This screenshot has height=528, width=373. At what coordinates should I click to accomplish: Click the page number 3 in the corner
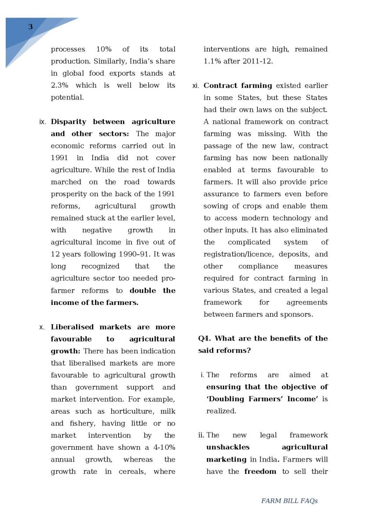click(x=30, y=27)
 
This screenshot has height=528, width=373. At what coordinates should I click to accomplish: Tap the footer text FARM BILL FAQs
click(x=289, y=501)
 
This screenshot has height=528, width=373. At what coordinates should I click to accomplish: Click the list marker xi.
click(x=196, y=86)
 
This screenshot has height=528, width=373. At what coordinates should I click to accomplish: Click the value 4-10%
click(x=161, y=447)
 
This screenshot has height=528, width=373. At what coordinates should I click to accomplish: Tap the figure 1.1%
click(x=212, y=61)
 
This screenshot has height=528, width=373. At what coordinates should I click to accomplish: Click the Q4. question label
click(x=205, y=338)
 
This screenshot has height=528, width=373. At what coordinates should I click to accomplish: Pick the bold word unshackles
click(x=228, y=447)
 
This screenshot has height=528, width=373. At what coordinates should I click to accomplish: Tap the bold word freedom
click(x=260, y=472)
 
